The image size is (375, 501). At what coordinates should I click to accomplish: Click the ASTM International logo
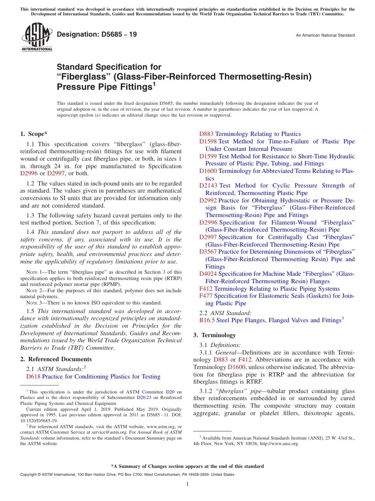coord(36,37)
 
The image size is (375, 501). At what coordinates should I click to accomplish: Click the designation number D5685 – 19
coord(97,35)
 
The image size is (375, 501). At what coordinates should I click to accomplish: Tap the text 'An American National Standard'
coord(325,35)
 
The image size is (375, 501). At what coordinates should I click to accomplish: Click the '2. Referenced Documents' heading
coord(56,359)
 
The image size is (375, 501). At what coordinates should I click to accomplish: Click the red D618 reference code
coord(33,377)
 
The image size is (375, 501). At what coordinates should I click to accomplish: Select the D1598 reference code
coord(208,141)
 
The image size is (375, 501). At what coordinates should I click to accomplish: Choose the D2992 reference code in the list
coord(208,200)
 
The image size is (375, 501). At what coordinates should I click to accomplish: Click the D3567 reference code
coord(208,252)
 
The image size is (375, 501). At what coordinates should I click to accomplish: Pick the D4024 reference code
coord(208,274)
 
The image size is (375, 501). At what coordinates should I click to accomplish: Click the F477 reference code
coord(206,296)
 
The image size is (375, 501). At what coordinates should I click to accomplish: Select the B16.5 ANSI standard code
coord(207,321)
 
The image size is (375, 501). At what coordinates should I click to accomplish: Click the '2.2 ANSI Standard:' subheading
coord(225,313)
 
